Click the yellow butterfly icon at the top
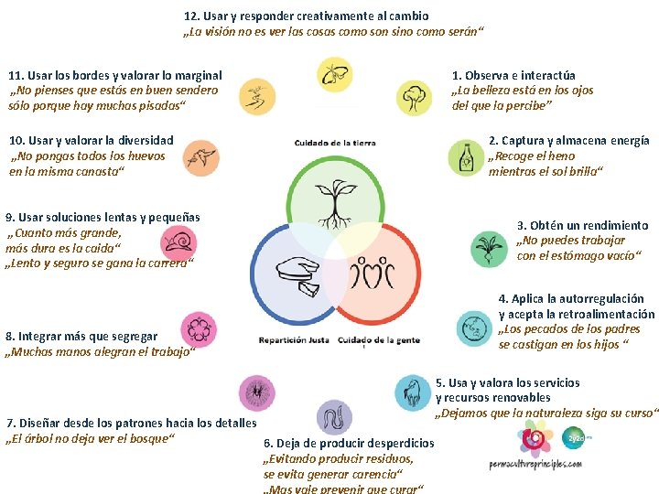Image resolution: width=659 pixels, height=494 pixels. pyautogui.click(x=333, y=73)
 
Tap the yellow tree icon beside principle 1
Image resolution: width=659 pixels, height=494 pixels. pyautogui.click(x=414, y=97)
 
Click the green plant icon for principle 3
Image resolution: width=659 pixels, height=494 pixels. pyautogui.click(x=488, y=249)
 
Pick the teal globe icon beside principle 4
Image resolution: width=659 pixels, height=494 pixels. pyautogui.click(x=473, y=328)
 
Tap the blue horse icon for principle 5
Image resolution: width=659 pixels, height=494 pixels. pyautogui.click(x=413, y=392)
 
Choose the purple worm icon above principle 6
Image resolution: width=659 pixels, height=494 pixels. pyautogui.click(x=334, y=418)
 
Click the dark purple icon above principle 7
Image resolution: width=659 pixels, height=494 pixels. pyautogui.click(x=256, y=392)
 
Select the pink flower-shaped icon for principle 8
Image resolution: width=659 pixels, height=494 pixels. pyautogui.click(x=198, y=329)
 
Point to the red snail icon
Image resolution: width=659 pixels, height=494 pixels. pyautogui.click(x=178, y=242)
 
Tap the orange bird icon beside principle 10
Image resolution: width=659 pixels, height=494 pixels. pyautogui.click(x=200, y=157)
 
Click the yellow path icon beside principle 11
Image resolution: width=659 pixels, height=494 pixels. pyautogui.click(x=256, y=96)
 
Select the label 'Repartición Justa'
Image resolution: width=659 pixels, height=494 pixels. pyautogui.click(x=294, y=339)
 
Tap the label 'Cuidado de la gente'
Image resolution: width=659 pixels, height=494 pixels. pyautogui.click(x=379, y=339)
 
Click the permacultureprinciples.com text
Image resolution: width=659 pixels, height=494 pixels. pyautogui.click(x=536, y=464)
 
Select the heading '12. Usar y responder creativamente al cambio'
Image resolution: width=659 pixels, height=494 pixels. pyautogui.click(x=306, y=16)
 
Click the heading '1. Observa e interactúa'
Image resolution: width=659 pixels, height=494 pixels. pyautogui.click(x=513, y=75)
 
